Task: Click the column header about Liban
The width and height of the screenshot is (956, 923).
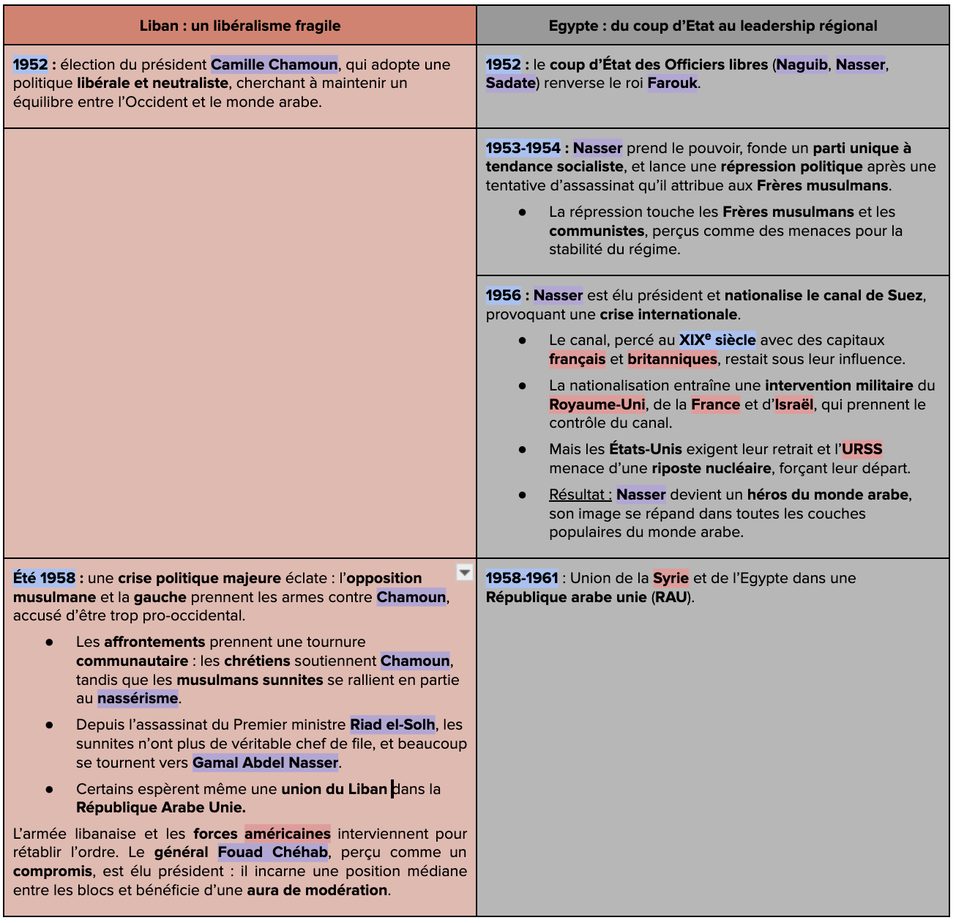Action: click(x=240, y=26)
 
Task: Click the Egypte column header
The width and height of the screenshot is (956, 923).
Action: click(x=712, y=26)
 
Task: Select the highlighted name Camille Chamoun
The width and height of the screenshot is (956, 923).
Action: click(x=275, y=64)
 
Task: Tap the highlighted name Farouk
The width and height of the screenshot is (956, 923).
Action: click(x=672, y=83)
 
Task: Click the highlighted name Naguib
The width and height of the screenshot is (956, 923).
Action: click(x=802, y=64)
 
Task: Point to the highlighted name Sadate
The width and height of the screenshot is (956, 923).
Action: click(x=510, y=83)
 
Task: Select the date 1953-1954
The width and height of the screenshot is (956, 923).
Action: click(x=523, y=148)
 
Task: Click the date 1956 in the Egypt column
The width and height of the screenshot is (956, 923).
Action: click(x=503, y=295)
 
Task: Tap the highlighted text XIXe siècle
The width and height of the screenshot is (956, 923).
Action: click(x=717, y=340)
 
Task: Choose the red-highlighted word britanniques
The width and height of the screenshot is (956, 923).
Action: click(x=672, y=359)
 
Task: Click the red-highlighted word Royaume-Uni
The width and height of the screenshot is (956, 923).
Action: click(x=597, y=404)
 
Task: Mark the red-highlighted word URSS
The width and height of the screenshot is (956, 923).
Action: click(x=862, y=449)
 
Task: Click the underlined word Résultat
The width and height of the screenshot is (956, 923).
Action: click(x=579, y=494)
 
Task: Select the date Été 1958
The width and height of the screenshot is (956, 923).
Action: click(x=44, y=578)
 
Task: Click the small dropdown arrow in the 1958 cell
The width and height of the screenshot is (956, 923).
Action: click(x=464, y=572)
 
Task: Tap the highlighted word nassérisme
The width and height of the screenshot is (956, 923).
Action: click(x=138, y=698)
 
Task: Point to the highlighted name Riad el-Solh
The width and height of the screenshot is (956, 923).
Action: click(x=392, y=724)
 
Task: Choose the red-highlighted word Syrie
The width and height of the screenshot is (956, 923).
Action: click(x=671, y=578)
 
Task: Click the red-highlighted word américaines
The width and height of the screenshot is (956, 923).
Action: click(x=287, y=834)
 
